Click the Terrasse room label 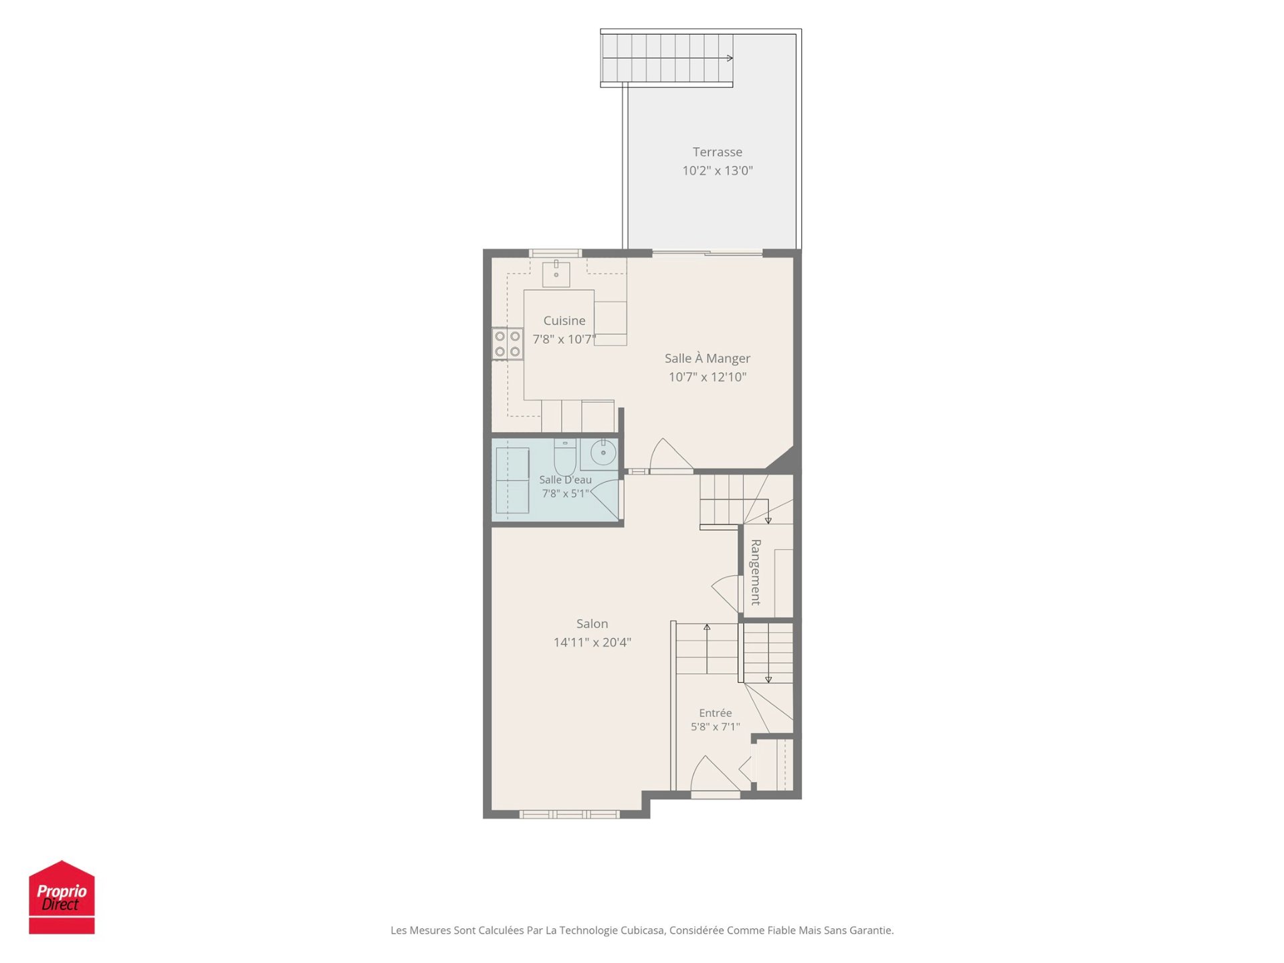tap(717, 152)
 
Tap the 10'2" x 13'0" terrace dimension tap(717, 171)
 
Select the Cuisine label tap(564, 320)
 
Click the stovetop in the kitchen tap(508, 344)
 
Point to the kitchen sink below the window tap(556, 273)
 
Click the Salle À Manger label tap(707, 358)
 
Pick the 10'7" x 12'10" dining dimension tap(707, 377)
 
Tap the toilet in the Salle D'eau tap(564, 456)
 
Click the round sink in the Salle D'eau tap(603, 453)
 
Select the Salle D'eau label tap(565, 479)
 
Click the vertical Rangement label tap(756, 572)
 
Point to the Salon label tap(592, 623)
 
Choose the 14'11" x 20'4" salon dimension tap(592, 642)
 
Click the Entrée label tap(715, 713)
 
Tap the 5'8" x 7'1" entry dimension tap(715, 727)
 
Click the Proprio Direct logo tap(62, 897)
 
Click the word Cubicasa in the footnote tap(643, 930)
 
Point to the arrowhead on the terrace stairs tap(730, 58)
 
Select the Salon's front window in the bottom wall tap(570, 814)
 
